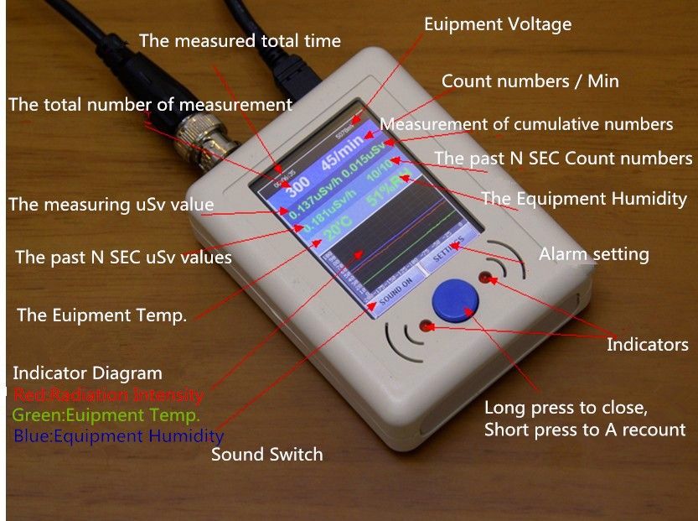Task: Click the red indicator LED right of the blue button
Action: pyautogui.click(x=483, y=276)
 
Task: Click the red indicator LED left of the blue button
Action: pyautogui.click(x=426, y=325)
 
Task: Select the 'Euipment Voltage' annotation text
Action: pyautogui.click(x=498, y=24)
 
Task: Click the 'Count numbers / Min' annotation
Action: pyautogui.click(x=530, y=81)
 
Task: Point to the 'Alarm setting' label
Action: pyautogui.click(x=593, y=253)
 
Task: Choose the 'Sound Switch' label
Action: pyautogui.click(x=266, y=455)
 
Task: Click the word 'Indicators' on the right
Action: pyautogui.click(x=647, y=344)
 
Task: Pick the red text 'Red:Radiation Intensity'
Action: pyautogui.click(x=108, y=394)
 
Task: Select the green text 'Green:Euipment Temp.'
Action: pyautogui.click(x=106, y=414)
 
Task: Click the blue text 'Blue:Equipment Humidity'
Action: pyautogui.click(x=118, y=436)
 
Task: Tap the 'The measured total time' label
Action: pyautogui.click(x=240, y=40)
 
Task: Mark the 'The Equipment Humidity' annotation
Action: pyautogui.click(x=584, y=199)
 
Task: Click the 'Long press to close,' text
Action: pyautogui.click(x=566, y=409)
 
